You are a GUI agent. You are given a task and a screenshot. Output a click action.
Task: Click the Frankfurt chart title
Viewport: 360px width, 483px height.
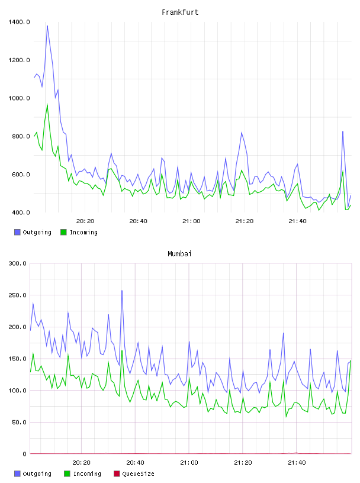pyautogui.click(x=180, y=12)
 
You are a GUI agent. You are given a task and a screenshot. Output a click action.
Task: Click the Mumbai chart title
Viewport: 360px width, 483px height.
pyautogui.click(x=179, y=253)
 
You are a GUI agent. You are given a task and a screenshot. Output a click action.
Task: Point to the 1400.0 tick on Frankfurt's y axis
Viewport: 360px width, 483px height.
pyautogui.click(x=19, y=22)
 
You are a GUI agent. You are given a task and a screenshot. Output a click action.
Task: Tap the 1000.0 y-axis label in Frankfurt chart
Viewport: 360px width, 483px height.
pyautogui.click(x=19, y=98)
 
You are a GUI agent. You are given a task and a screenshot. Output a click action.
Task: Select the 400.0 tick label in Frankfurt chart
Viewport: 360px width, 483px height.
pyautogui.click(x=21, y=212)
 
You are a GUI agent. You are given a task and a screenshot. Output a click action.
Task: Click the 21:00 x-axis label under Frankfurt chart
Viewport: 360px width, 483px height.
pyautogui.click(x=191, y=221)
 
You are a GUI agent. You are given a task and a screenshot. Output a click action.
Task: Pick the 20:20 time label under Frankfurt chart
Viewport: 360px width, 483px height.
pyautogui.click(x=85, y=221)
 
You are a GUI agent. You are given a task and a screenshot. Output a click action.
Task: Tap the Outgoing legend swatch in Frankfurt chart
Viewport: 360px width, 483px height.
pyautogui.click(x=17, y=232)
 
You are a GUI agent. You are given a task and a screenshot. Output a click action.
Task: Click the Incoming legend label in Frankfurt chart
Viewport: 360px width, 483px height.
pyautogui.click(x=83, y=232)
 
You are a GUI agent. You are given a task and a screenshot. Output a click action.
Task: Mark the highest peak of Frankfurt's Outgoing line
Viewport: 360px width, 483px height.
pyautogui.click(x=47, y=26)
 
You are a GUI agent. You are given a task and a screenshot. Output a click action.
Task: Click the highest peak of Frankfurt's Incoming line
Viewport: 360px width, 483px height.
pyautogui.click(x=47, y=104)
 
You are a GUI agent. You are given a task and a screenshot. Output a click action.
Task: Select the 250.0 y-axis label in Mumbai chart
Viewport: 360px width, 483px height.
pyautogui.click(x=18, y=295)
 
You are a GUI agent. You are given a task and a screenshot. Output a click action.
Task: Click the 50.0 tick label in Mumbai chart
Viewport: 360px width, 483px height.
pyautogui.click(x=19, y=422)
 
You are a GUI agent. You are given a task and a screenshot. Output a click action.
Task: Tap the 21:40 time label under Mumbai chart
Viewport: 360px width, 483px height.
pyautogui.click(x=297, y=463)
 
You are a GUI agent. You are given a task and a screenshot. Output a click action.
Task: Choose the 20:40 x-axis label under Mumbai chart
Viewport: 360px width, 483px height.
pyautogui.click(x=136, y=463)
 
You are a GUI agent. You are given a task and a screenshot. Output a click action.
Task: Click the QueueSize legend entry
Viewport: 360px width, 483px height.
pyautogui.click(x=134, y=474)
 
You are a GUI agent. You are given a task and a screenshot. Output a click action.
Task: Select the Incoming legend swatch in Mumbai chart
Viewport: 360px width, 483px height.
pyautogui.click(x=67, y=474)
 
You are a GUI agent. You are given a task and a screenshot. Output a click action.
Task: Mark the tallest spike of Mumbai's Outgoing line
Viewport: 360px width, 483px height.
pyautogui.click(x=122, y=291)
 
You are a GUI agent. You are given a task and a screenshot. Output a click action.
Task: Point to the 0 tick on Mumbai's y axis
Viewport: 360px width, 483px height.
pyautogui.click(x=25, y=454)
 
